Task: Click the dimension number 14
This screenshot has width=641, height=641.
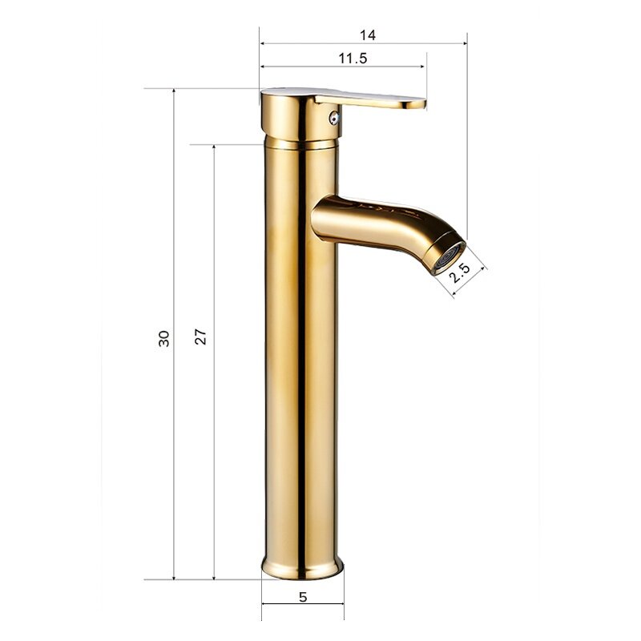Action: (368, 35)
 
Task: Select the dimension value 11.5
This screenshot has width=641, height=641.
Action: (353, 58)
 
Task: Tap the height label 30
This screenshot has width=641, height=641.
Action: (163, 338)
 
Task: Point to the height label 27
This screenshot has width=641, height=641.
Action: (200, 337)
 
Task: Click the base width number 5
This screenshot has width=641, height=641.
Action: (303, 597)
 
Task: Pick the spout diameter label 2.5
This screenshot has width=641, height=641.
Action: (460, 273)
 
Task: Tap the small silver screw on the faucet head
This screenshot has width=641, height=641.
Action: (334, 119)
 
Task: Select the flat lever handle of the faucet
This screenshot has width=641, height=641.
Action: (370, 99)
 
